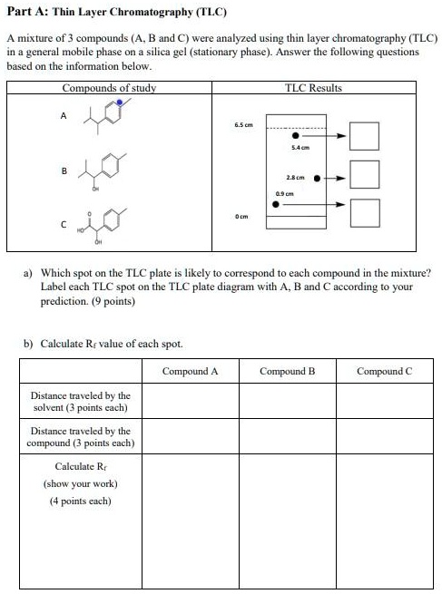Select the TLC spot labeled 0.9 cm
pyautogui.click(x=278, y=204)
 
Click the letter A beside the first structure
pyautogui.click(x=63, y=115)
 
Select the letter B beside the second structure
pyautogui.click(x=63, y=170)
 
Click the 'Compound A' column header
pyautogui.click(x=190, y=371)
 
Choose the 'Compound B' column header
pyautogui.click(x=287, y=371)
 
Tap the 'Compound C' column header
pyautogui.click(x=384, y=371)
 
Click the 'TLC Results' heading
pyautogui.click(x=313, y=88)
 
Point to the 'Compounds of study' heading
pyautogui.click(x=109, y=88)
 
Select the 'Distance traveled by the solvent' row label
pyautogui.click(x=81, y=402)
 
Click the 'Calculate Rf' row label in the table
pyautogui.click(x=81, y=467)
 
